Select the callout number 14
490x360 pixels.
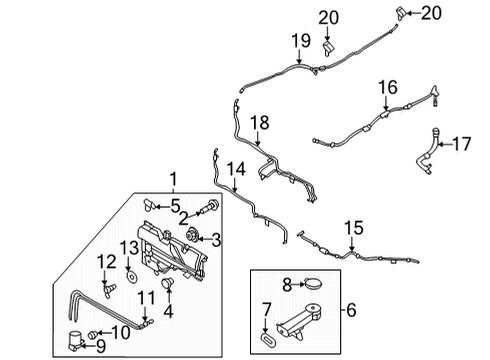tap(235, 170)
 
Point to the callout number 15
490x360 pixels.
tap(354, 227)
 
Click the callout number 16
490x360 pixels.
tap(386, 89)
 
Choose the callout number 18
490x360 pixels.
tap(259, 121)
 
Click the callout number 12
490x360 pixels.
tap(105, 261)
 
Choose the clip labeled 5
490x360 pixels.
tap(148, 204)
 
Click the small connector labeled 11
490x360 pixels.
tap(148, 321)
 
